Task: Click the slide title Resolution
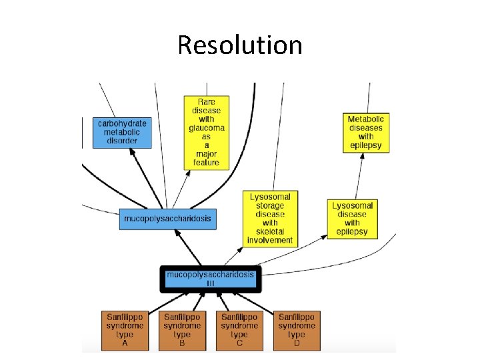click(x=240, y=45)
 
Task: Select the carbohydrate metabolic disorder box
click(x=123, y=133)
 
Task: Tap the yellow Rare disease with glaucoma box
click(x=207, y=132)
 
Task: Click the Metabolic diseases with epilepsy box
click(x=366, y=133)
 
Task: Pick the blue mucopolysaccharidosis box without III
click(x=169, y=218)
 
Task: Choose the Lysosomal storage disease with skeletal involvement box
click(x=270, y=218)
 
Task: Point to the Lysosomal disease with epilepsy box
click(x=353, y=219)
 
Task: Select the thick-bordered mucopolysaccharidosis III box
click(x=211, y=279)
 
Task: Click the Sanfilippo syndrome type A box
click(x=125, y=330)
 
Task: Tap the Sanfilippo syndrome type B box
click(x=182, y=330)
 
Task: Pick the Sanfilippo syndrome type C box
click(x=239, y=330)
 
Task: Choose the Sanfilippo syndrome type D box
click(x=297, y=330)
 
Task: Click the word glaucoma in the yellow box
click(x=207, y=127)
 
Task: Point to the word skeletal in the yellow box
click(x=270, y=231)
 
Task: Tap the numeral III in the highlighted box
click(x=211, y=283)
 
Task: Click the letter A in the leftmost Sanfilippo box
click(x=125, y=343)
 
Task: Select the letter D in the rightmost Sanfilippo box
click(x=297, y=343)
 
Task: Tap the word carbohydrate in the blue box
click(x=123, y=123)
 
